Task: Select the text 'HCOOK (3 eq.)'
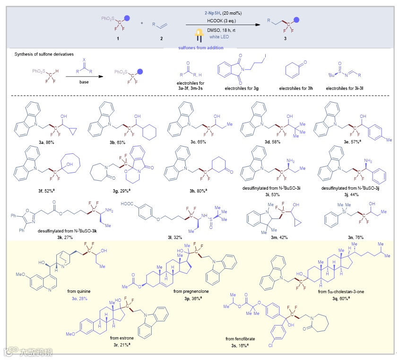pyautogui.click(x=225, y=22)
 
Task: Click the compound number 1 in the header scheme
pyautogui.click(x=117, y=37)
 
